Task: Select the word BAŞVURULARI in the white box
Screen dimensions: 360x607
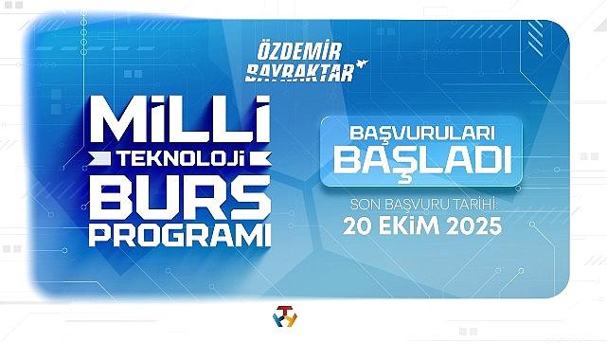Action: (422, 135)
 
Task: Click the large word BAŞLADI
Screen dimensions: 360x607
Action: (423, 162)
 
